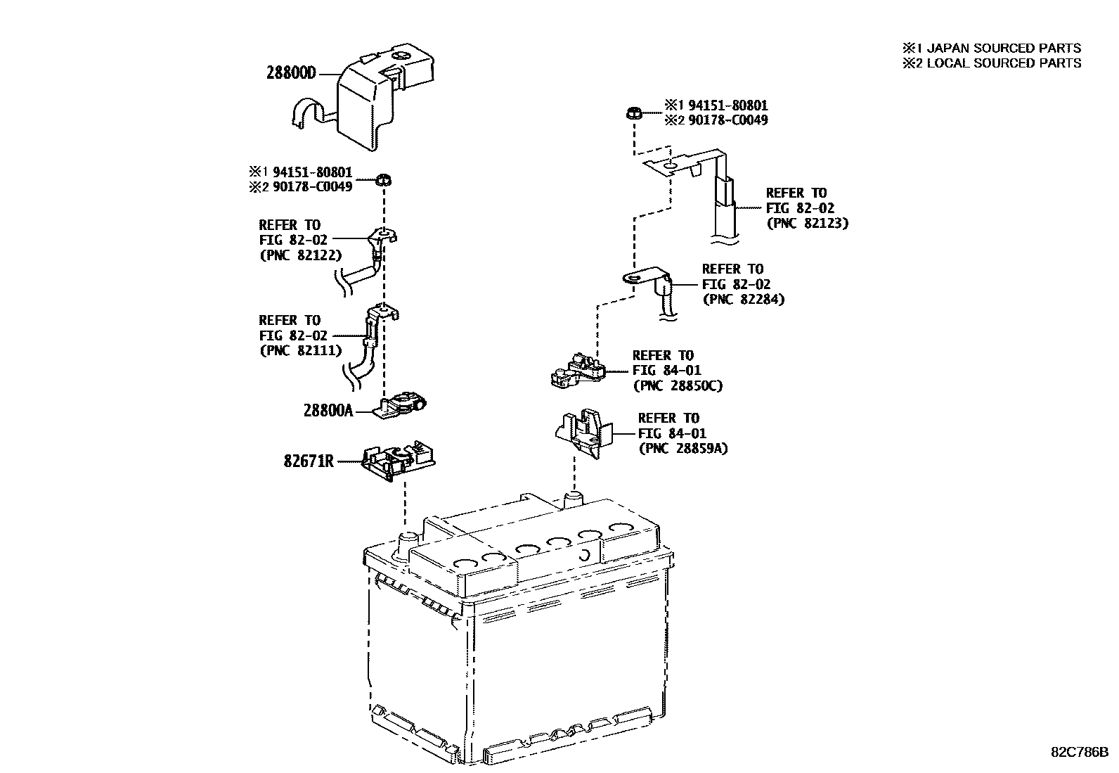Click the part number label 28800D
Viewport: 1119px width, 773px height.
292,72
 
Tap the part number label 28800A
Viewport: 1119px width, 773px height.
328,410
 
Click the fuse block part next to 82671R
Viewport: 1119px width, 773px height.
397,460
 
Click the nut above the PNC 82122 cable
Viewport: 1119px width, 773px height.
384,179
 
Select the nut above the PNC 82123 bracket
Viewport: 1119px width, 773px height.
633,112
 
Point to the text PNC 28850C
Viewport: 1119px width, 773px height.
678,385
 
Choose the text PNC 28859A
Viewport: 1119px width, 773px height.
683,448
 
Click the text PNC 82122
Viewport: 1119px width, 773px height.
300,255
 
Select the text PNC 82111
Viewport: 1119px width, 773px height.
300,350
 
